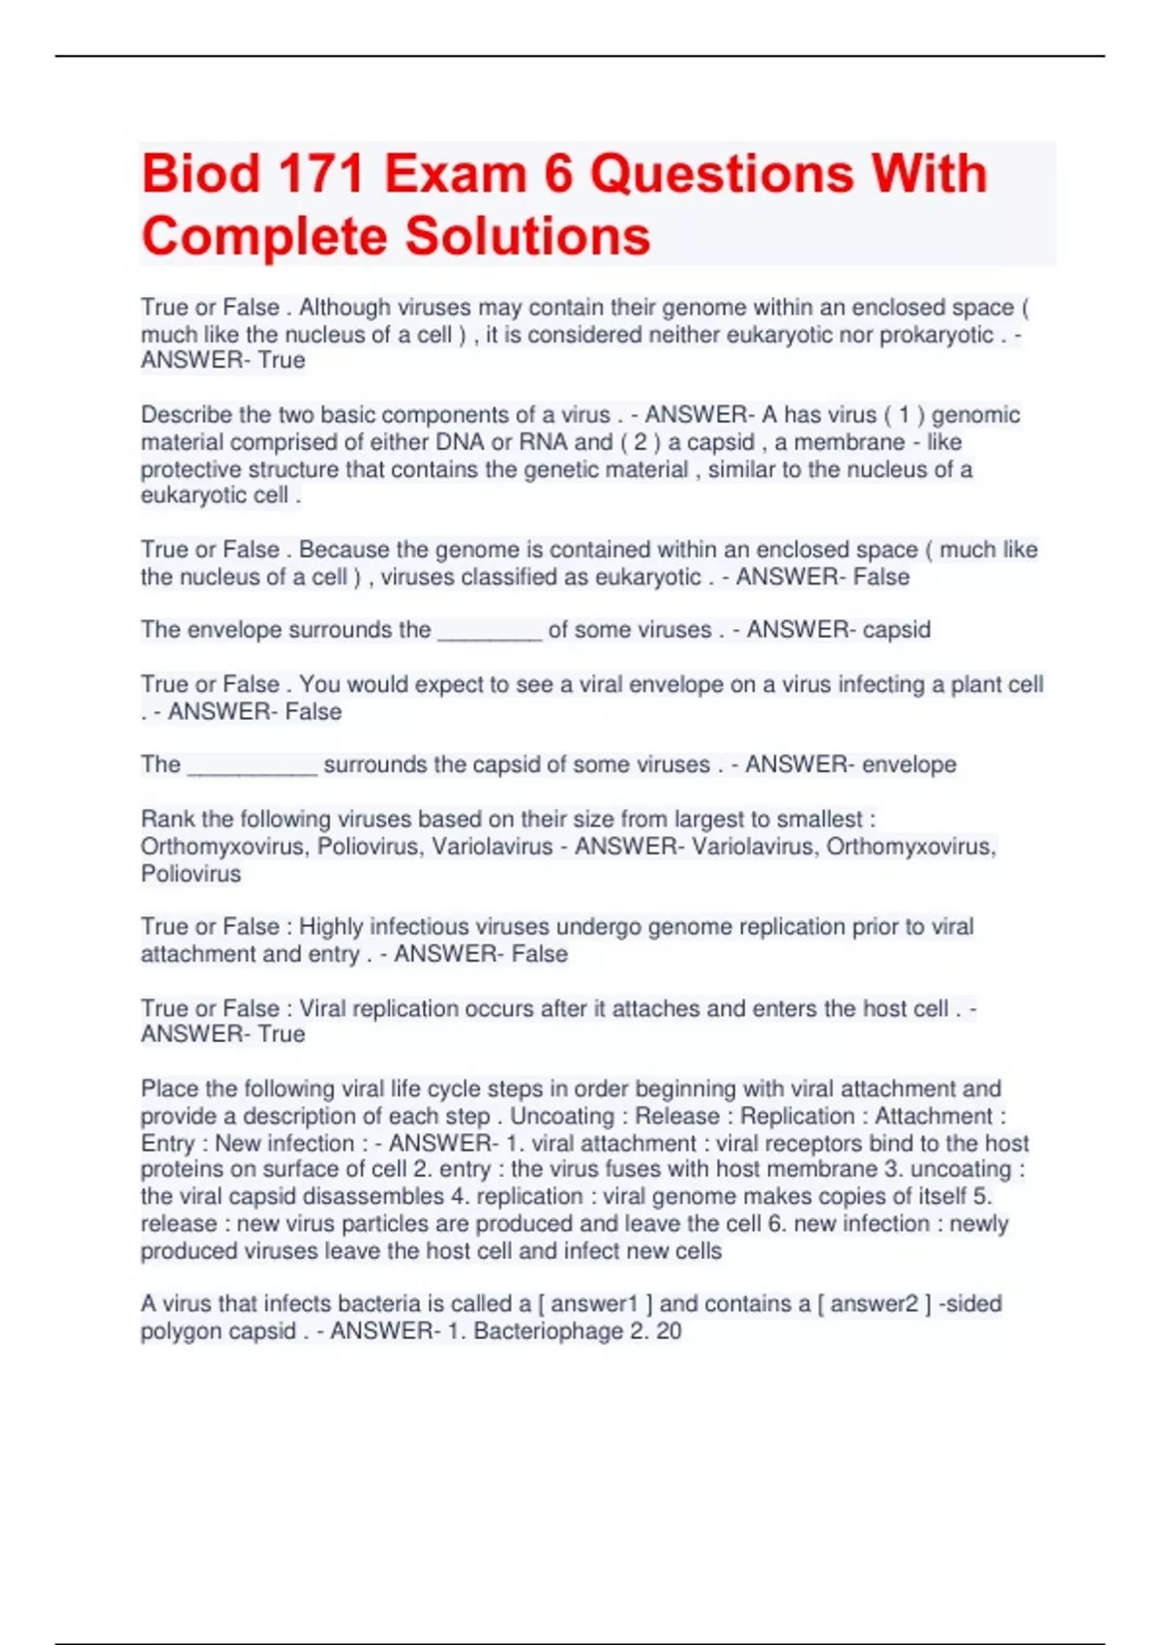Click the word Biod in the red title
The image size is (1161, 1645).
(201, 175)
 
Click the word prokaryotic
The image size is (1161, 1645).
(936, 335)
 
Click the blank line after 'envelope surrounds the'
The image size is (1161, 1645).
(490, 631)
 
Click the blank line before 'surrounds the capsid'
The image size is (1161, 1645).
(252, 765)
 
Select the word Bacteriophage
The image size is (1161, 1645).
(548, 1331)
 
